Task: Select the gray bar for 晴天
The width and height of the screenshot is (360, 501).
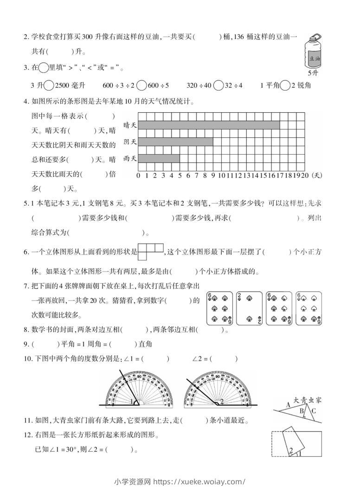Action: (x=209, y=125)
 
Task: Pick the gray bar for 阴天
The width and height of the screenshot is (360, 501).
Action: (x=176, y=142)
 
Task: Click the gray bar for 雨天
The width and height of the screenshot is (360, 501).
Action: (x=159, y=159)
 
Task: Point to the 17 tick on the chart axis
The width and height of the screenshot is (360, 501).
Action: (x=280, y=176)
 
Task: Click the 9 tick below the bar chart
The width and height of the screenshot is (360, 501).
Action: (x=213, y=176)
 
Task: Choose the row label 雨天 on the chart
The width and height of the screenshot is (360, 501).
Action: (x=130, y=159)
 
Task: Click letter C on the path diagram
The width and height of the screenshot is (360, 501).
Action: (x=314, y=410)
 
